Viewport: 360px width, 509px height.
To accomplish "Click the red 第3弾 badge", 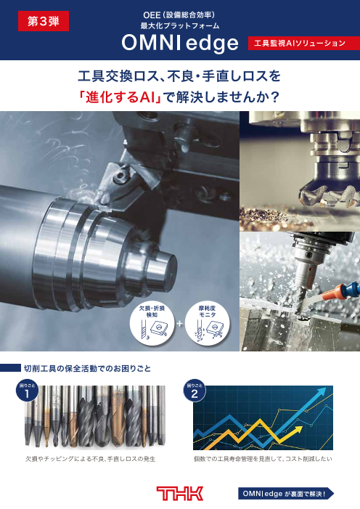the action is [43, 21].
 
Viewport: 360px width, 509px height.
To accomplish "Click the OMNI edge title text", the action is [180, 43].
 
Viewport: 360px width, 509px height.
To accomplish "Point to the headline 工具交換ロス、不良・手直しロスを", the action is [179, 76].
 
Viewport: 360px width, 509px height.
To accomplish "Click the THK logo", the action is [180, 494].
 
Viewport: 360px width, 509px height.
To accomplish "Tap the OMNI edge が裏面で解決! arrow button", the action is [286, 494].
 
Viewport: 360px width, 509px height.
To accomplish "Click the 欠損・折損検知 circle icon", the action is [152, 323].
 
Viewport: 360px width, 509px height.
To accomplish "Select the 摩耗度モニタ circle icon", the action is [207, 323].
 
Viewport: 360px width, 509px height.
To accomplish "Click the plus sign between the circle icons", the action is [179, 324].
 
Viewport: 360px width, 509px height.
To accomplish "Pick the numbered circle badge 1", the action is [28, 390].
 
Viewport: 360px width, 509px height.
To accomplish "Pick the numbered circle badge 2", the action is [195, 390].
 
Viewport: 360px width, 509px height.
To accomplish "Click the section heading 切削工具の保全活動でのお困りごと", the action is [87, 368].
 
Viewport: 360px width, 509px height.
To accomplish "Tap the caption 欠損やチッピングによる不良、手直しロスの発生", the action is [91, 459].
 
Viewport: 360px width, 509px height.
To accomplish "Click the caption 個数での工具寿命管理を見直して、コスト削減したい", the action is [263, 459].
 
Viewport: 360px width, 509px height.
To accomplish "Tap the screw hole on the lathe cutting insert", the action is [120, 176].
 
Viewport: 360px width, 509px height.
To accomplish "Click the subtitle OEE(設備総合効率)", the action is [179, 15].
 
